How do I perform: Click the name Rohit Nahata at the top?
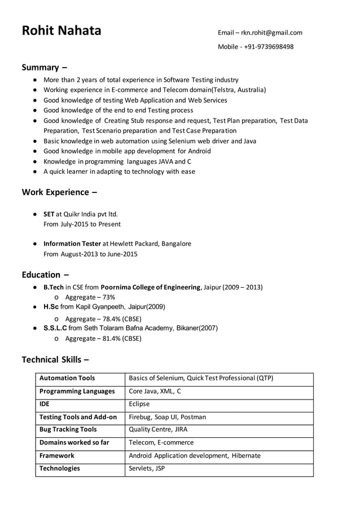62,30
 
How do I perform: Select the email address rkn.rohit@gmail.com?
272,33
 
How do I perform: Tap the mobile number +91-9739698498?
269,47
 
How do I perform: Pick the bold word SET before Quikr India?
49,214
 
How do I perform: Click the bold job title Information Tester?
72,244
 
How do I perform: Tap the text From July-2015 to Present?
82,224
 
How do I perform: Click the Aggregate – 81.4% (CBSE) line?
103,339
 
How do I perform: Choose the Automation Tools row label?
67,378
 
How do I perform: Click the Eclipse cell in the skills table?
139,404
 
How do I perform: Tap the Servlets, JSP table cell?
147,468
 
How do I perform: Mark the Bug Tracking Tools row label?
68,429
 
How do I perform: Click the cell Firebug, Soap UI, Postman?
168,417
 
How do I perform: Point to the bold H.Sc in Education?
51,307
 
